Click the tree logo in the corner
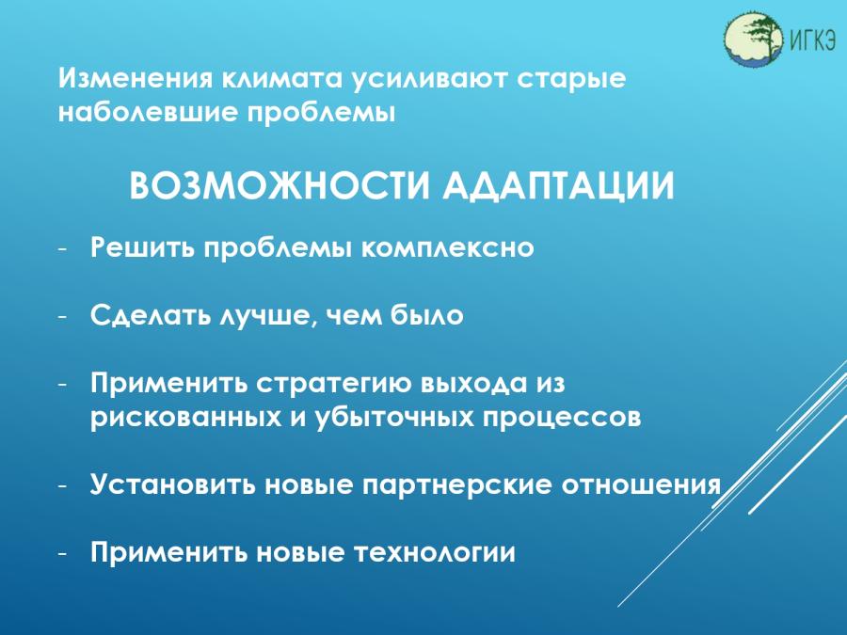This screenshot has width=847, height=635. [753, 39]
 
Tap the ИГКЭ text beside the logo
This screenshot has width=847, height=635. [813, 40]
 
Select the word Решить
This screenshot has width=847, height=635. [142, 247]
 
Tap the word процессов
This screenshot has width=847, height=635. [562, 419]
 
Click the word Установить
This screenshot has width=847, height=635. [173, 484]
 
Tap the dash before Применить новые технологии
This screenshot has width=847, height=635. [63, 554]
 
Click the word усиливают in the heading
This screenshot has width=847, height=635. [429, 79]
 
